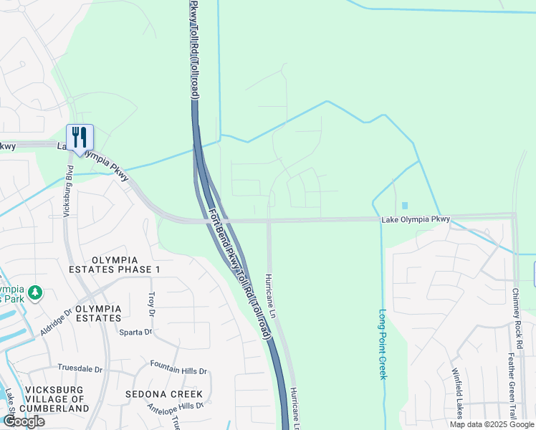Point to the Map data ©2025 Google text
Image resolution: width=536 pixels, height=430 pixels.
coord(492,424)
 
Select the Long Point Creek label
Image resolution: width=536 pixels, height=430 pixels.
coord(383,345)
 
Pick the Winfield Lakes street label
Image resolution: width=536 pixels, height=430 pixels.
coord(456,393)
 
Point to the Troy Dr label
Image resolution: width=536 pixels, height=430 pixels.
coord(151,304)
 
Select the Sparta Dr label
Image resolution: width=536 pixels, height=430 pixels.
coord(137,332)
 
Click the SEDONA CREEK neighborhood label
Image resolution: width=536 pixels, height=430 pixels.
coord(164,394)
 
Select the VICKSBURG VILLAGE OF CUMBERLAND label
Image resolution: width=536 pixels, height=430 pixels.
coord(54,399)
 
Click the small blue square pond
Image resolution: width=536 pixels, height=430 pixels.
coord(405,206)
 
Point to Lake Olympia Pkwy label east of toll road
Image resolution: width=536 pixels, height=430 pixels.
coord(416,220)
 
